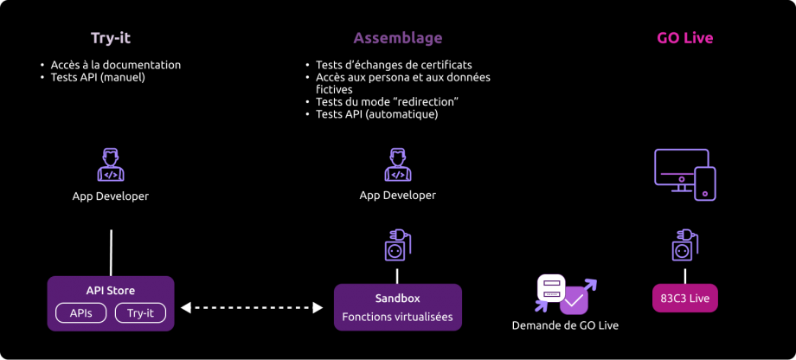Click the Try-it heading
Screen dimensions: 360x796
point(110,38)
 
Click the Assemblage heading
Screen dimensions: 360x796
point(397,38)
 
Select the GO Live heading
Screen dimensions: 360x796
point(684,38)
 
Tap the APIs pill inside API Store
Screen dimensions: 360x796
point(81,312)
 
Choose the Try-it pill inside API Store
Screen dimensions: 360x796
point(140,312)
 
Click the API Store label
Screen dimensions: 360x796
point(110,291)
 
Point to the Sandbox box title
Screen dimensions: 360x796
point(397,298)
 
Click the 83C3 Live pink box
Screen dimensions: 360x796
point(685,299)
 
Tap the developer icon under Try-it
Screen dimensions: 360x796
point(111,164)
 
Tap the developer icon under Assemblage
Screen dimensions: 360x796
point(397,164)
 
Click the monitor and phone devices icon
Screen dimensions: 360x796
point(684,174)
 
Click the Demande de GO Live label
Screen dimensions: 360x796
point(565,325)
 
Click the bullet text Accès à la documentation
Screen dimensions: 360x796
point(115,65)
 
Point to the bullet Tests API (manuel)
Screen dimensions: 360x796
point(97,77)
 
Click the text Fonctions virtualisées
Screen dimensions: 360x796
point(397,317)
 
